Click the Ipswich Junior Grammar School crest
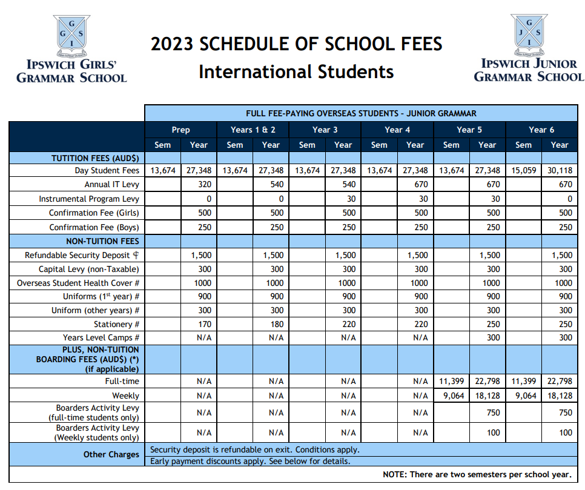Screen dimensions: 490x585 pyautogui.click(x=529, y=31)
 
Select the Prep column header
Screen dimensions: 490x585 pyautogui.click(x=180, y=130)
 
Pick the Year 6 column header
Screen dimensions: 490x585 pyautogui.click(x=541, y=130)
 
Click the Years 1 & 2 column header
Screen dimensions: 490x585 pyautogui.click(x=253, y=130)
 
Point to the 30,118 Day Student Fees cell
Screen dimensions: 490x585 pyautogui.click(x=559, y=171)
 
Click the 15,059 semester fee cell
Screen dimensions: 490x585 pyautogui.click(x=524, y=171)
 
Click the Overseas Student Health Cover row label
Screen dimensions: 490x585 pyautogui.click(x=79, y=283)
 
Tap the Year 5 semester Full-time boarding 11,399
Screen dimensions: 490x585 pyautogui.click(x=451, y=382)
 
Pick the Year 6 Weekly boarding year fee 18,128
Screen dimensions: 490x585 pyautogui.click(x=559, y=396)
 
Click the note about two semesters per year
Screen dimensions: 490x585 pyautogui.click(x=477, y=474)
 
